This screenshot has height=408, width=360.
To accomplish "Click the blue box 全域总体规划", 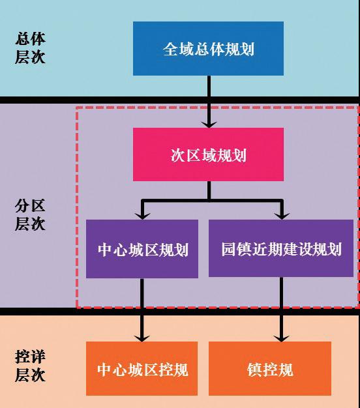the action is (208, 49).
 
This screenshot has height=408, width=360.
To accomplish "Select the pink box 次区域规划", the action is (208, 154).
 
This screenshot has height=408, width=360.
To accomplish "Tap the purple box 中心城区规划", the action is (142, 249).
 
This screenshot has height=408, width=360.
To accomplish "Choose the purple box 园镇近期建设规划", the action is (281, 248).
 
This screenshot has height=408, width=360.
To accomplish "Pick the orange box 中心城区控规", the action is (142, 368).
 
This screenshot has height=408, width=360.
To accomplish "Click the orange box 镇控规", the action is (270, 368).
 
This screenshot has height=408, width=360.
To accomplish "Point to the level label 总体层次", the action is (30, 48).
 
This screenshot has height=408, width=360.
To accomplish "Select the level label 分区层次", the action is (30, 214).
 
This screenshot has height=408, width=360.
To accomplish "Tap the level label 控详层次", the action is (30, 366).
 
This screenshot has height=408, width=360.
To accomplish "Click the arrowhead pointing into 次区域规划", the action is (209, 124).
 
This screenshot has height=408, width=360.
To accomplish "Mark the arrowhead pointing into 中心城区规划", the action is (142, 216).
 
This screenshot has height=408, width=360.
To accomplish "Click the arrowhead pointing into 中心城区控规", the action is (142, 338).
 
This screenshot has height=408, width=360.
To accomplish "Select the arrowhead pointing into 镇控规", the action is (281, 338).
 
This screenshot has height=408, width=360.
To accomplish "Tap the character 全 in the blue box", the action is (170, 49).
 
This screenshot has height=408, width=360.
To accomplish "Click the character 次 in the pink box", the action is (178, 155).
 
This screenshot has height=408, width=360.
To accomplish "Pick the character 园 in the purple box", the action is (229, 249).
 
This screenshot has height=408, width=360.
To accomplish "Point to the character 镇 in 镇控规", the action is (254, 370).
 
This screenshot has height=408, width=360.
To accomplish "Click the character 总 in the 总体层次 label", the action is (23, 39).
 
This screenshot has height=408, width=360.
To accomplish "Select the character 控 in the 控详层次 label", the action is (23, 357).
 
